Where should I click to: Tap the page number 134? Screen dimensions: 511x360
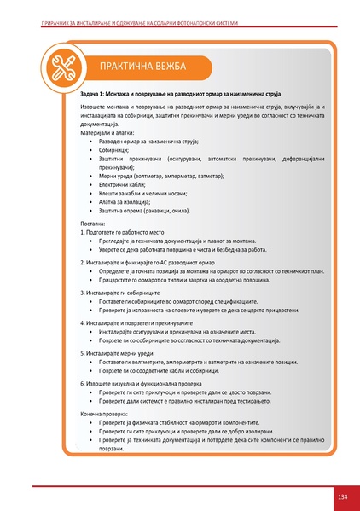tap(342, 496)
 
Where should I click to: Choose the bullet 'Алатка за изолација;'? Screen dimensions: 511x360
tap(131, 201)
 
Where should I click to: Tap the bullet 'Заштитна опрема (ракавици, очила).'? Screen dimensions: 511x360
tap(151, 210)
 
